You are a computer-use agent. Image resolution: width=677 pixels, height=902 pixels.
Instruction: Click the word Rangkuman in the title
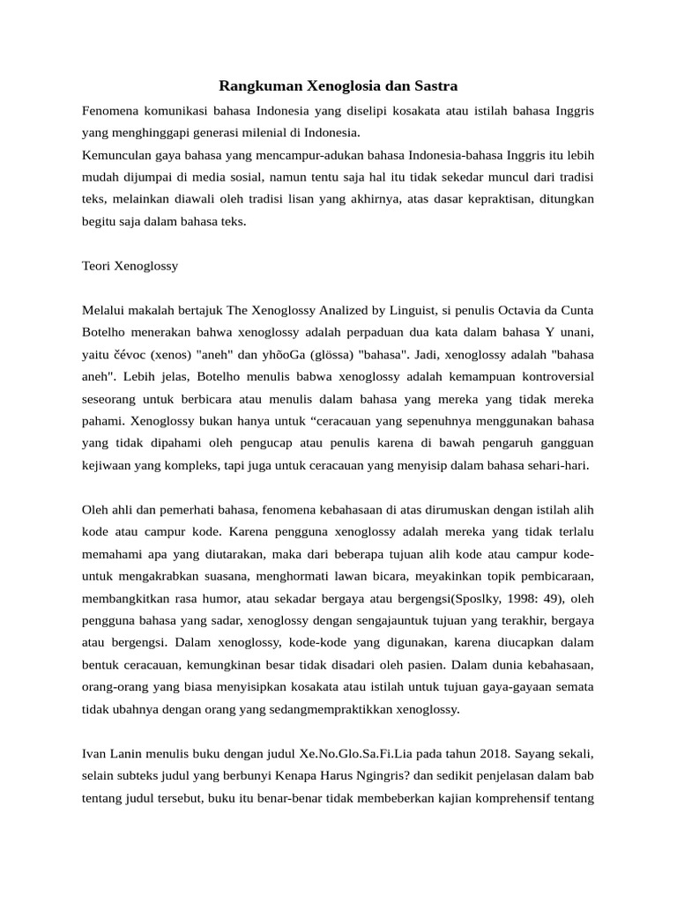[x=260, y=86]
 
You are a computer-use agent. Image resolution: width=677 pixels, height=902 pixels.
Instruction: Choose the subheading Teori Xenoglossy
[x=130, y=265]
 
